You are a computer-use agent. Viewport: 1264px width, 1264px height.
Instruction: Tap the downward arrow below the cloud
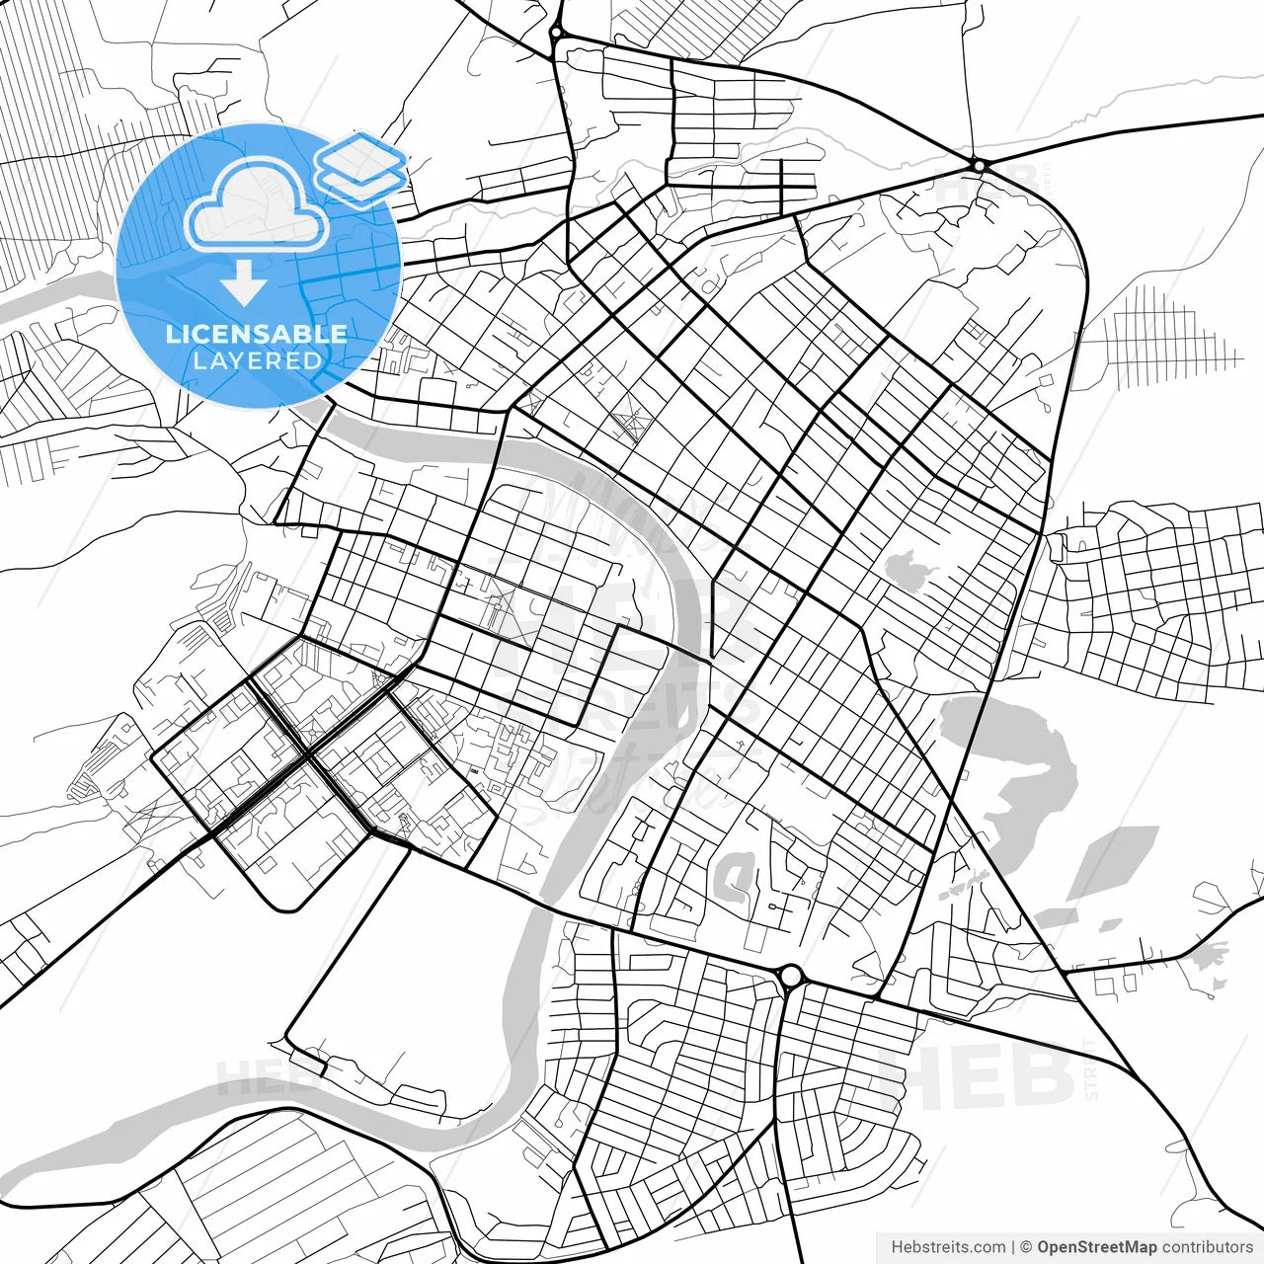244,286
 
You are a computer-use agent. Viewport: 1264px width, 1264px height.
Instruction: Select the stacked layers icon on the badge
360,168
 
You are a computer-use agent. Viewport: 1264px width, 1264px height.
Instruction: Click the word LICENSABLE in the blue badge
257,334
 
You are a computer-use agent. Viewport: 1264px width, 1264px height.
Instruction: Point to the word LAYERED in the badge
257,361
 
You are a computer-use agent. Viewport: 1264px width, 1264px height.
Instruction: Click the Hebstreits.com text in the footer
948,1247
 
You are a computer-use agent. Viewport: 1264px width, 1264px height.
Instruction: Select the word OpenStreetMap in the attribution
1097,1247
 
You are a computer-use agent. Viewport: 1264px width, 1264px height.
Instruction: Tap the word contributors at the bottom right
1207,1247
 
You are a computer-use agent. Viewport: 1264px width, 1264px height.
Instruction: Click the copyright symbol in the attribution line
1026,1247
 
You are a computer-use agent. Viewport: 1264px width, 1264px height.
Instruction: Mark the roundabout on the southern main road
790,977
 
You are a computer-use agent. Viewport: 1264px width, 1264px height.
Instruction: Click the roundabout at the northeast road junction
979,165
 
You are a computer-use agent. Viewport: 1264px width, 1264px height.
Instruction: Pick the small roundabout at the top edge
557,33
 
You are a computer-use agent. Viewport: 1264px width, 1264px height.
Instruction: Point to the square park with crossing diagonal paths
626,423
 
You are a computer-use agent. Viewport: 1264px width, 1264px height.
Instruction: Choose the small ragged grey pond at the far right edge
1207,955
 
